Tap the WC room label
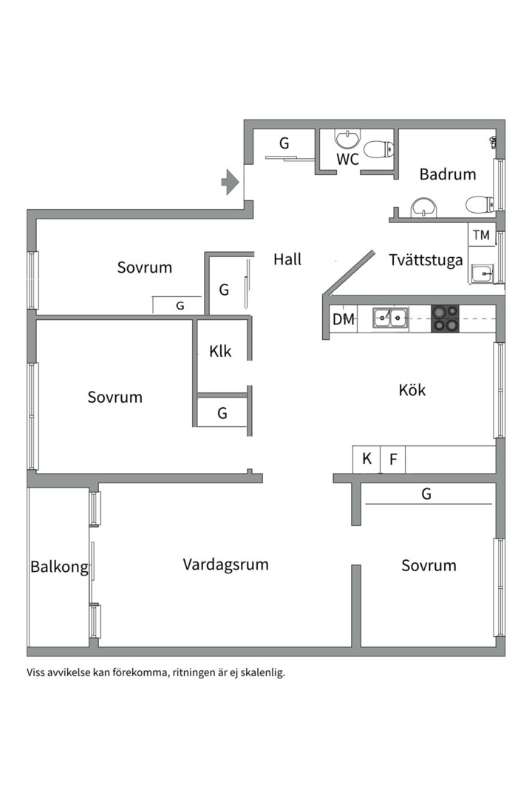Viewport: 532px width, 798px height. [347, 160]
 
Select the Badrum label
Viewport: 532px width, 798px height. [448, 174]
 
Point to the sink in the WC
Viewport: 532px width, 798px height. [347, 138]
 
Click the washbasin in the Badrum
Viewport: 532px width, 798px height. [423, 207]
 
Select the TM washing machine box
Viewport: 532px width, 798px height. [481, 236]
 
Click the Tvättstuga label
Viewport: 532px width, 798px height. [426, 260]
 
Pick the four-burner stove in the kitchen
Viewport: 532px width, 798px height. [445, 318]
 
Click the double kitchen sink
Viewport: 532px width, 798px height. [390, 318]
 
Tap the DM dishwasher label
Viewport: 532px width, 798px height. [343, 319]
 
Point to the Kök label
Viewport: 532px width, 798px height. [412, 390]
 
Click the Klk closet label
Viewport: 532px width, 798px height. [220, 351]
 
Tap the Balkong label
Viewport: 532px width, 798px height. [59, 567]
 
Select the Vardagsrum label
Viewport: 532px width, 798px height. [225, 565]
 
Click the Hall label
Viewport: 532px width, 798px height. [287, 259]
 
